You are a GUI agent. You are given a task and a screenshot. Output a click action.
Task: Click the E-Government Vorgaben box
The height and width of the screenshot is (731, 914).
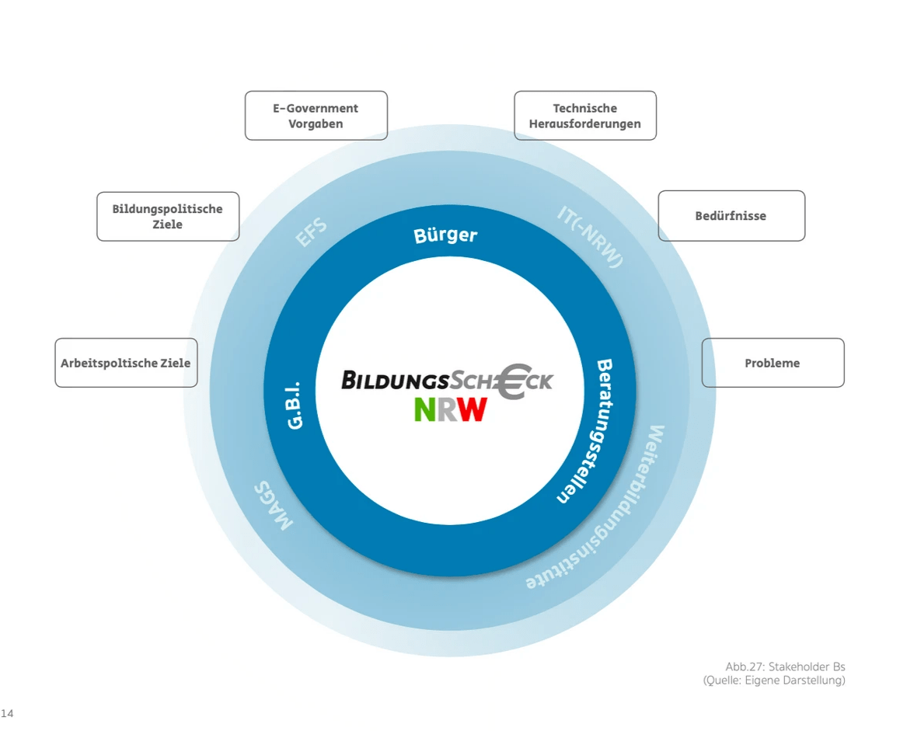click(x=316, y=116)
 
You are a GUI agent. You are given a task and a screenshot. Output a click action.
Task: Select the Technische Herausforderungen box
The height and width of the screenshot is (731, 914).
click(x=584, y=116)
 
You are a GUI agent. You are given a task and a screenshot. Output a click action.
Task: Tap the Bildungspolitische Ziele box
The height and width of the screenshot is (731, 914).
click(x=168, y=216)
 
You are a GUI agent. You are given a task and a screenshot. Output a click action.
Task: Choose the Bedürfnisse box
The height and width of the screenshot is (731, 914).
click(x=731, y=216)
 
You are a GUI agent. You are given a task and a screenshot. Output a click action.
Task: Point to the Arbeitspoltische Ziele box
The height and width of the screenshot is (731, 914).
click(x=126, y=363)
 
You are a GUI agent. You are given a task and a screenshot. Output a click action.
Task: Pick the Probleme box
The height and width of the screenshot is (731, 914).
click(x=772, y=363)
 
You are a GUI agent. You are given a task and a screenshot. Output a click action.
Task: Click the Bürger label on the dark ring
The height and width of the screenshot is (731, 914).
click(x=445, y=235)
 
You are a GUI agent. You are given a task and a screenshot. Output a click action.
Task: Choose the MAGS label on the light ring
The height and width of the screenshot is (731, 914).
click(x=274, y=505)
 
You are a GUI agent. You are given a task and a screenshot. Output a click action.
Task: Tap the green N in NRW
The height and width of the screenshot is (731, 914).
click(x=425, y=409)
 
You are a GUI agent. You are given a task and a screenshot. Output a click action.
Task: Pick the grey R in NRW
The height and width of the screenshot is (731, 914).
click(x=448, y=409)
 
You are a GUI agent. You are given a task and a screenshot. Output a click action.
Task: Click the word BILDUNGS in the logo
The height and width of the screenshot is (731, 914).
click(x=395, y=380)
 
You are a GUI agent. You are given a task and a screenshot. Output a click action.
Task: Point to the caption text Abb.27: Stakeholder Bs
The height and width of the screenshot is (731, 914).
click(x=784, y=667)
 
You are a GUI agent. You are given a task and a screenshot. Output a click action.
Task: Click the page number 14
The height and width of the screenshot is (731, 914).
click(x=7, y=712)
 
